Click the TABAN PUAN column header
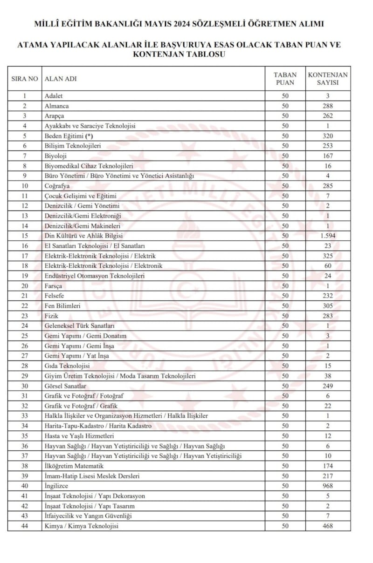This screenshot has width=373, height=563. tap(285, 79)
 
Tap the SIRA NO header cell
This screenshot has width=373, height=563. tap(25, 79)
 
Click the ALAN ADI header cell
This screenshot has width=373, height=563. tap(61, 79)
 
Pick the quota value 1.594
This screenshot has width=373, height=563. tap(328, 236)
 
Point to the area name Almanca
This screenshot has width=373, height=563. tap(56, 106)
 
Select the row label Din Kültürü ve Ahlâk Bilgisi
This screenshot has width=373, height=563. tap(83, 236)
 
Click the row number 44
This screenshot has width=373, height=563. tap(25, 526)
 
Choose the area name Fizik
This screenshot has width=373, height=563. tap(51, 316)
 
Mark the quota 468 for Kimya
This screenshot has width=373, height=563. tap(328, 526)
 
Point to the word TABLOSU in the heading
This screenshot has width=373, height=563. tap(205, 54)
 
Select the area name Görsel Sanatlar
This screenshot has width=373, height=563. tap(65, 386)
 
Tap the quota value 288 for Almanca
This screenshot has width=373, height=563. tap(328, 106)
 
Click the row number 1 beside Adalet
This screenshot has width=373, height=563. tap(25, 95)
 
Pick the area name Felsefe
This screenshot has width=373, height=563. tap(54, 296)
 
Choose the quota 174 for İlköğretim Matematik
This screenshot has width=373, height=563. tap(328, 466)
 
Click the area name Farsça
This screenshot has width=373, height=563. tap(54, 286)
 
